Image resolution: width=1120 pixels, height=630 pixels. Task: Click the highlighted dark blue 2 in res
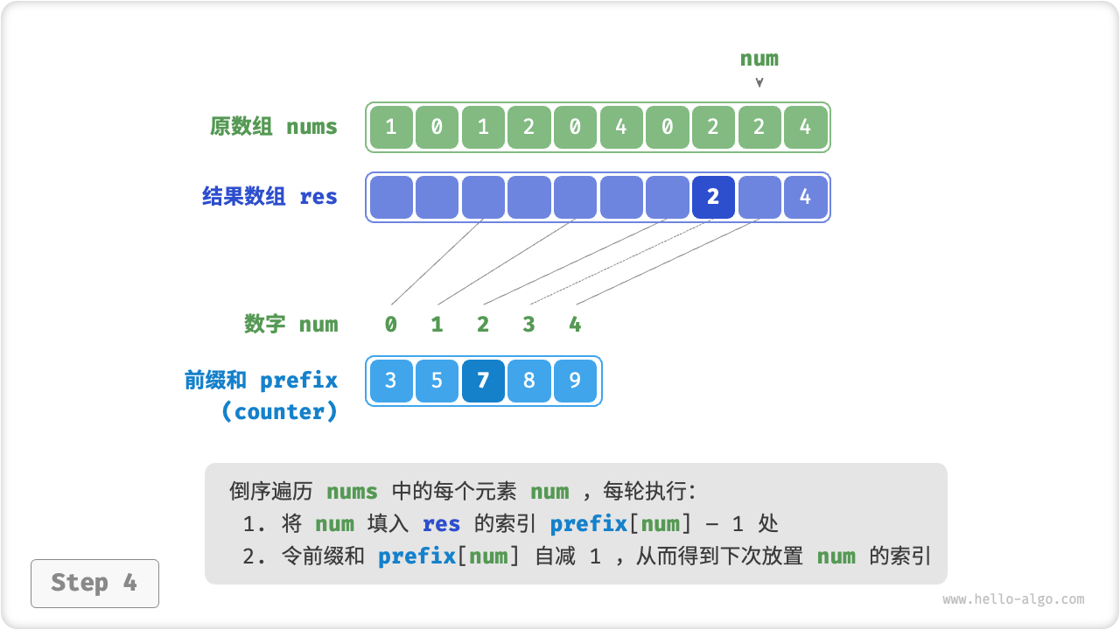pyautogui.click(x=713, y=197)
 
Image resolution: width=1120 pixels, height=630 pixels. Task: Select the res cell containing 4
pyautogui.click(x=805, y=197)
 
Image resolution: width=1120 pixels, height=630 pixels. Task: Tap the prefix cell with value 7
pyautogui.click(x=483, y=381)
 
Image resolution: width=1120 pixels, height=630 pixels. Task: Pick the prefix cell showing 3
pyautogui.click(x=391, y=381)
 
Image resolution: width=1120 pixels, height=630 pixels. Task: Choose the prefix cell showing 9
pyautogui.click(x=575, y=381)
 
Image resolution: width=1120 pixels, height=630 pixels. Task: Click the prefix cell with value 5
pyautogui.click(x=437, y=381)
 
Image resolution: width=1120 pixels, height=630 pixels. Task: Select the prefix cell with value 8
pyautogui.click(x=528, y=381)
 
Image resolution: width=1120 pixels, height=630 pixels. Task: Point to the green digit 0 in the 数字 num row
pyautogui.click(x=391, y=325)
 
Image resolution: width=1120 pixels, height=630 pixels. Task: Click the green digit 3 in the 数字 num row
pyautogui.click(x=528, y=325)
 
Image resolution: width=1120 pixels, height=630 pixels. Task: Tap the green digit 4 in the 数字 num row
pyautogui.click(x=575, y=325)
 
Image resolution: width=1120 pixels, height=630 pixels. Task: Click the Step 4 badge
pyautogui.click(x=94, y=583)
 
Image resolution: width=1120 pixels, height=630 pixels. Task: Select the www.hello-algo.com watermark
pyautogui.click(x=1013, y=599)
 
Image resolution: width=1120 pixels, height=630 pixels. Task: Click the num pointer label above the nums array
pyautogui.click(x=759, y=59)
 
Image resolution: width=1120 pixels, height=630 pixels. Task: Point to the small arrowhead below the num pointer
pyautogui.click(x=759, y=83)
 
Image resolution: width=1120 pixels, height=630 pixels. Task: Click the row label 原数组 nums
pyautogui.click(x=273, y=127)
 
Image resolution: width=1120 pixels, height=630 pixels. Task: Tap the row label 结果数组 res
pyautogui.click(x=269, y=197)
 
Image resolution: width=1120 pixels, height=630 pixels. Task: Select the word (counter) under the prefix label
pyautogui.click(x=279, y=412)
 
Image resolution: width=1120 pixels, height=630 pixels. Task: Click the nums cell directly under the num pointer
pyautogui.click(x=759, y=127)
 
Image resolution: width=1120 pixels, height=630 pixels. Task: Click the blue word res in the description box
pyautogui.click(x=441, y=524)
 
